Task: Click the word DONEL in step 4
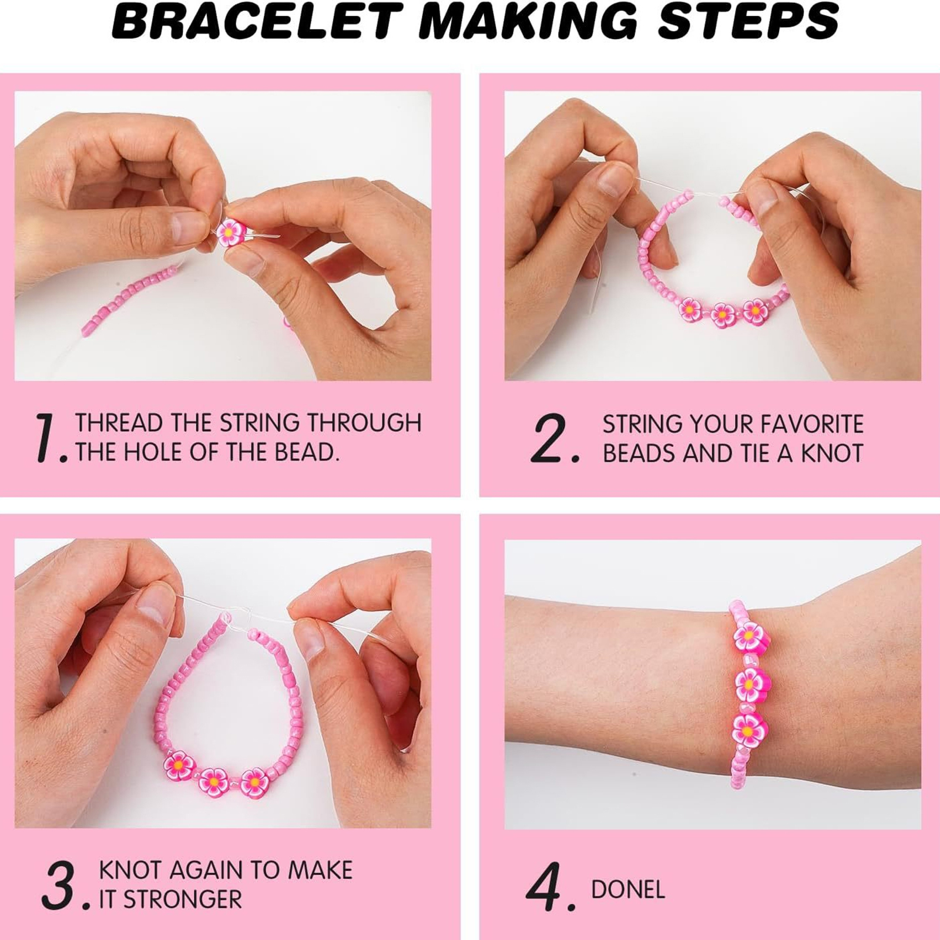coord(628,890)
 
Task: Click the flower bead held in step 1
coord(229,233)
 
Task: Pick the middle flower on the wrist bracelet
coord(750,683)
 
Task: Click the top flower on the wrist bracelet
coord(749,636)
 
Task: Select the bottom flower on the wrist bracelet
coord(750,730)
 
